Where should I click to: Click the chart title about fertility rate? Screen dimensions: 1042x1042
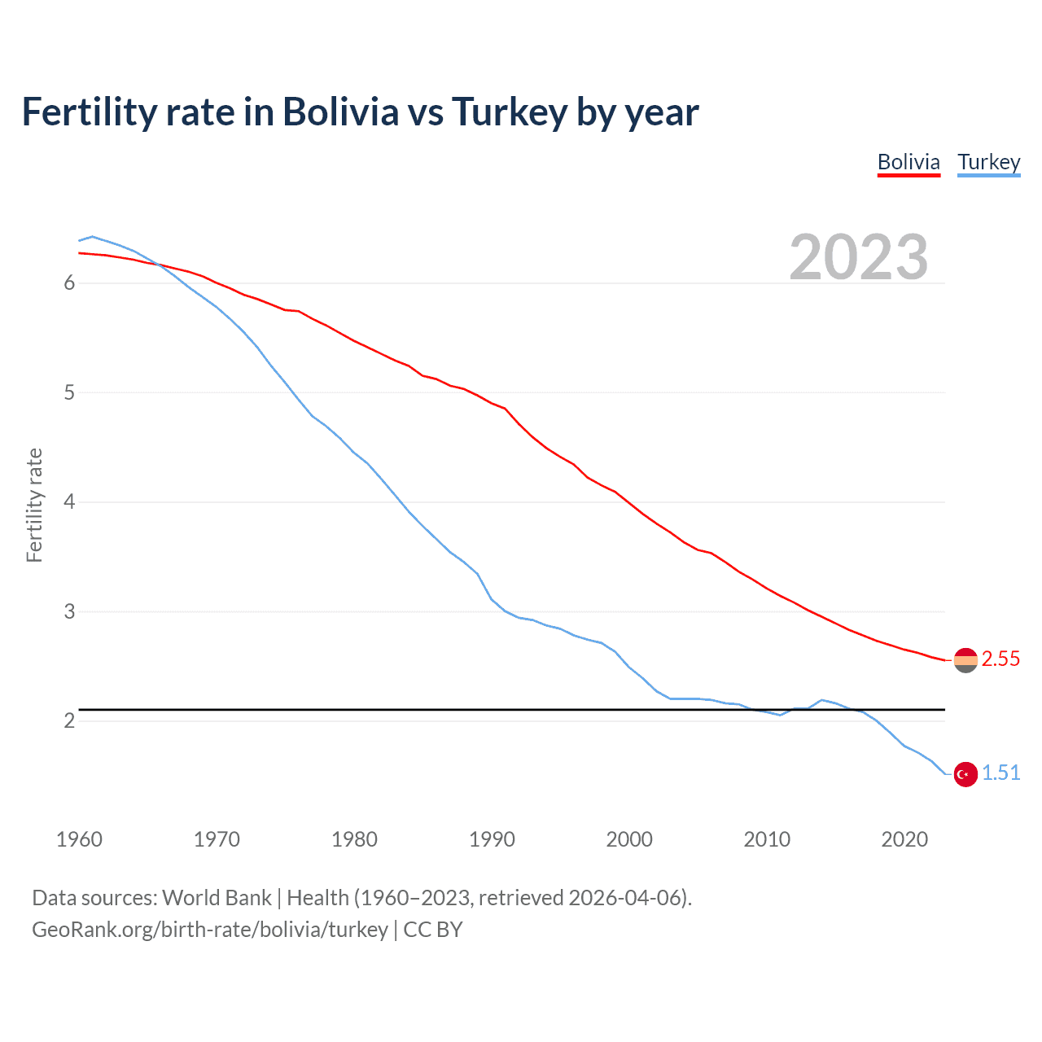pyautogui.click(x=360, y=112)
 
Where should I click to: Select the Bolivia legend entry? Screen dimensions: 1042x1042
pyautogui.click(x=908, y=162)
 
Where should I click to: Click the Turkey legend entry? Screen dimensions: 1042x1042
pyautogui.click(x=988, y=162)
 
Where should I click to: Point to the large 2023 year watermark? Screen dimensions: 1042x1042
pyautogui.click(x=858, y=257)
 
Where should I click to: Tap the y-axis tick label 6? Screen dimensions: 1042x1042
pyautogui.click(x=69, y=282)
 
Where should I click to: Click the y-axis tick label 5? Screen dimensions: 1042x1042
pyautogui.click(x=69, y=392)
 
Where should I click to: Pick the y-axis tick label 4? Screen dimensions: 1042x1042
pyautogui.click(x=69, y=501)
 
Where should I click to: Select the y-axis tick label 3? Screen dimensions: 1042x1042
pyautogui.click(x=69, y=611)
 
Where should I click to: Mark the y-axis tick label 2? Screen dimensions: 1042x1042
pyautogui.click(x=69, y=720)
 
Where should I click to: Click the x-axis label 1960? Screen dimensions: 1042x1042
pyautogui.click(x=79, y=839)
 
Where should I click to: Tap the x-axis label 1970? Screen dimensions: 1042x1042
pyautogui.click(x=217, y=839)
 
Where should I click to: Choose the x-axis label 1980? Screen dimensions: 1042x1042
pyautogui.click(x=354, y=839)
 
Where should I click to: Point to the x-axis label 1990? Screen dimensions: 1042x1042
pyautogui.click(x=492, y=839)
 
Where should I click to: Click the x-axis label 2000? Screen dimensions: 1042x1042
pyautogui.click(x=629, y=839)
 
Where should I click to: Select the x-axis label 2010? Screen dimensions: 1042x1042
pyautogui.click(x=767, y=839)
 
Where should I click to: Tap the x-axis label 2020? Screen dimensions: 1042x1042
pyautogui.click(x=904, y=839)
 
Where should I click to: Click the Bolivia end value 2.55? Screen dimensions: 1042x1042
pyautogui.click(x=1000, y=659)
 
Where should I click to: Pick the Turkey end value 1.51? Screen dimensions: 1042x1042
pyautogui.click(x=1000, y=773)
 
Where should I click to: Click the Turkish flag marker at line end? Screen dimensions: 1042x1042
pyautogui.click(x=965, y=774)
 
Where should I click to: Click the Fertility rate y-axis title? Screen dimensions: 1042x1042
pyautogui.click(x=34, y=505)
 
